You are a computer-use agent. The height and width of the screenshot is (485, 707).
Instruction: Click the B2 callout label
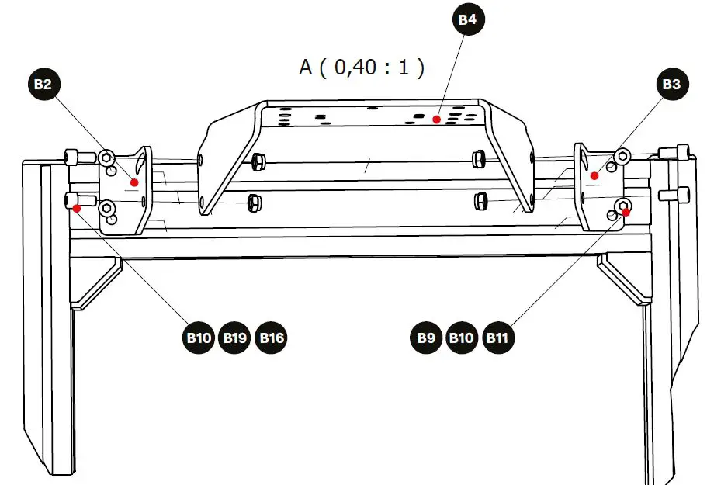click(43, 85)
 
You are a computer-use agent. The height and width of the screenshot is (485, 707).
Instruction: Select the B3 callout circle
click(671, 85)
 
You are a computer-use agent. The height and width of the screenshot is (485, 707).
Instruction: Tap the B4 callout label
click(467, 19)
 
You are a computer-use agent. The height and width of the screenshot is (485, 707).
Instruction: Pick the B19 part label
click(235, 338)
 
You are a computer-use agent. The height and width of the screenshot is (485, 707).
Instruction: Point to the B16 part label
click(272, 338)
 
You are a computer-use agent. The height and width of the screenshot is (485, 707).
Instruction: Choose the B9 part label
click(425, 338)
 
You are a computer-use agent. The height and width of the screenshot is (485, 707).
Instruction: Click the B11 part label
click(497, 338)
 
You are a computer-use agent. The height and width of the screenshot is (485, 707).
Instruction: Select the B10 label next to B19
click(199, 338)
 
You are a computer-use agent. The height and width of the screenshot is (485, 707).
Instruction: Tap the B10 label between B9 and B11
click(462, 338)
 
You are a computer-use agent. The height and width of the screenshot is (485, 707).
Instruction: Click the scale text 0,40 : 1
click(373, 68)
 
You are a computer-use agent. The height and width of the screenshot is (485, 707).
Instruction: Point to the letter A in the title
click(306, 68)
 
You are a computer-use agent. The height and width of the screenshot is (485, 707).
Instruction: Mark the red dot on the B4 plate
click(437, 120)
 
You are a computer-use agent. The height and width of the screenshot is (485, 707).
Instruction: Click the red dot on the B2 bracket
click(134, 182)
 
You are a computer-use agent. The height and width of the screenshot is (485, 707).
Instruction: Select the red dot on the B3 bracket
click(594, 176)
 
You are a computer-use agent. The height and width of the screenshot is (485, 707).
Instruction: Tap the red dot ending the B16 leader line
click(76, 207)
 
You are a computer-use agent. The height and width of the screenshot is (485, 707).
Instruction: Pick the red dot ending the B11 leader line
click(626, 211)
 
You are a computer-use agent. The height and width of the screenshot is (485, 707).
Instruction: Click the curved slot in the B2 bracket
click(140, 164)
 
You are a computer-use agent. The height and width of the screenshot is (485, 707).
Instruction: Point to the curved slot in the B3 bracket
click(583, 159)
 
